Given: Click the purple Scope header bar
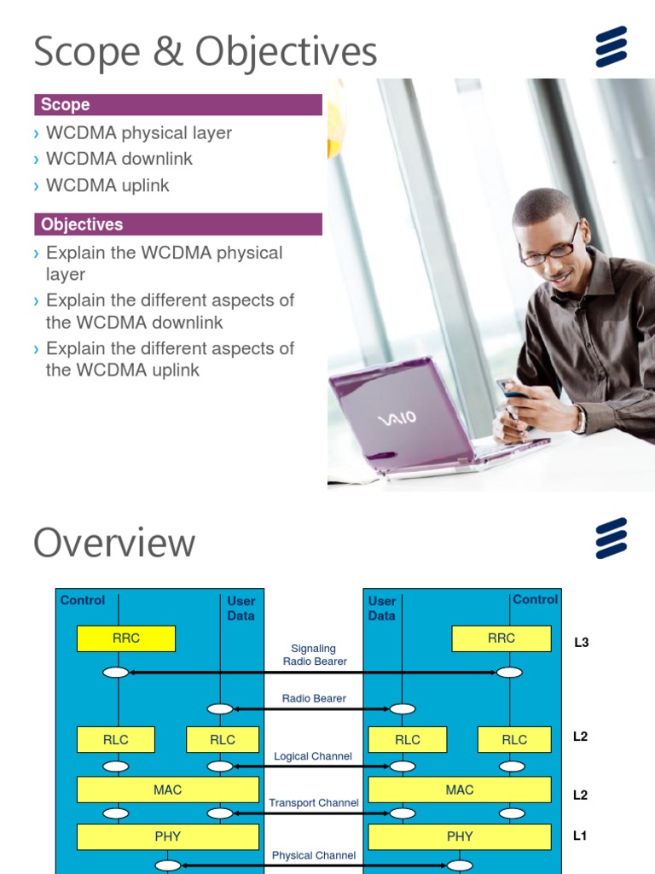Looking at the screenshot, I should click(x=177, y=105).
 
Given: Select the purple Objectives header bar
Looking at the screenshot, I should click(x=177, y=224).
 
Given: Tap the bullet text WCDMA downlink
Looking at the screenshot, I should click(x=119, y=159).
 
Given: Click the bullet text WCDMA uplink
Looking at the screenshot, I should click(x=107, y=185).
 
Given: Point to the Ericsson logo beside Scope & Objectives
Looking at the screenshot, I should click(x=612, y=46).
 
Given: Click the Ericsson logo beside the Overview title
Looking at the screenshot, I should click(x=612, y=538).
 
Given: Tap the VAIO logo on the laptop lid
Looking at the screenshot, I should click(x=397, y=418).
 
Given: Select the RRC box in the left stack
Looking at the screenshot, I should click(x=126, y=638).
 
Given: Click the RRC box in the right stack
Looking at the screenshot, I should click(x=501, y=638).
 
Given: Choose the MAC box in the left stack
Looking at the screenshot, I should click(x=168, y=790).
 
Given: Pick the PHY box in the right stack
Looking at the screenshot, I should click(x=460, y=836).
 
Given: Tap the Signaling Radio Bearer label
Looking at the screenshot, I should click(x=314, y=655).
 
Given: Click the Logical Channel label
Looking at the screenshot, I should click(x=313, y=756).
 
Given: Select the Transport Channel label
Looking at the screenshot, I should click(x=313, y=803).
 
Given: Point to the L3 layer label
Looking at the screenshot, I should click(x=581, y=643).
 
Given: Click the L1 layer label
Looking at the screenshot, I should click(x=580, y=836).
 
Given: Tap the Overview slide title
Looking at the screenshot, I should click(x=114, y=543).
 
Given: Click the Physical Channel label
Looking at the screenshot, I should click(x=314, y=855).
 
